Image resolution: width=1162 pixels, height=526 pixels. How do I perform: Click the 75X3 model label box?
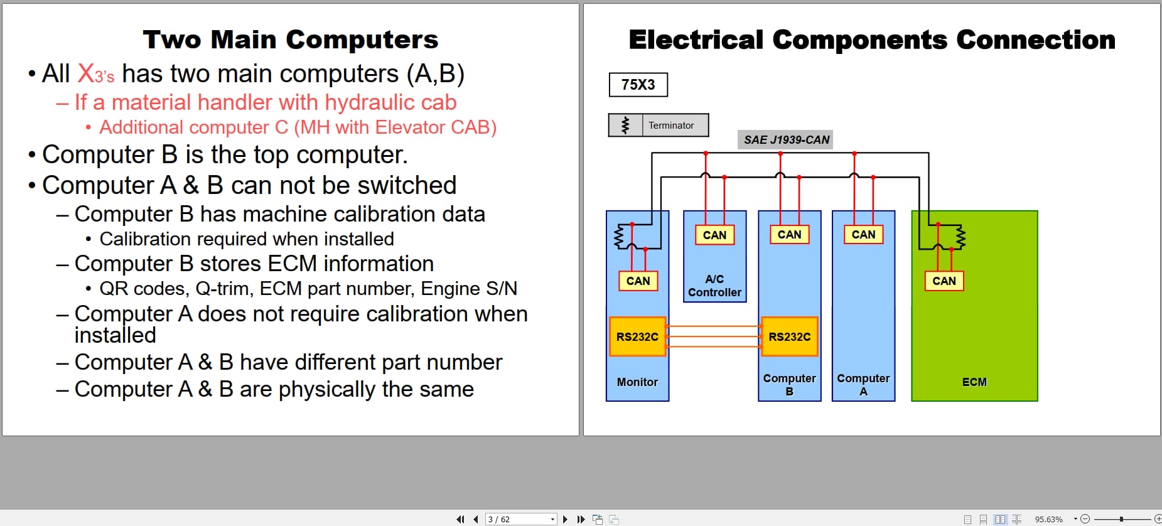click(x=638, y=85)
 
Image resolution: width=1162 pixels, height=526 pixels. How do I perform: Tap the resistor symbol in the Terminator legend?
click(x=625, y=125)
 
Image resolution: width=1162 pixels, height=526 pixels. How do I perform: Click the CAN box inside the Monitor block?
click(x=638, y=281)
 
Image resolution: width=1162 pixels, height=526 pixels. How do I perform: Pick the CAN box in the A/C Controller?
click(x=714, y=235)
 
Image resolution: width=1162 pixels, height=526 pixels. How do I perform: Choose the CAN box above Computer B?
click(x=789, y=234)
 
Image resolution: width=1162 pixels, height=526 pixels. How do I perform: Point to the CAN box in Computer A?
click(x=863, y=234)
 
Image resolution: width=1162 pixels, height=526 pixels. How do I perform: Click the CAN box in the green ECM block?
click(x=944, y=281)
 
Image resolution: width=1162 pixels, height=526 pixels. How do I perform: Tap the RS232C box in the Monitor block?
click(x=637, y=336)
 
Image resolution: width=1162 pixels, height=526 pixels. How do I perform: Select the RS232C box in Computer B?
click(x=789, y=336)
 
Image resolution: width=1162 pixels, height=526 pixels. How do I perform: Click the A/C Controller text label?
click(x=714, y=286)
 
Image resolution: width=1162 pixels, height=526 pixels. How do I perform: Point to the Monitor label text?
click(x=637, y=382)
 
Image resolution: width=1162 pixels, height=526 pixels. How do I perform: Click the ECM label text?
click(x=974, y=382)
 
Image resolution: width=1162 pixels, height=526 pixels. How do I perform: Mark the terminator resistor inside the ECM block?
click(x=960, y=237)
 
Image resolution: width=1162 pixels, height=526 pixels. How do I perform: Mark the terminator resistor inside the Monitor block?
click(x=618, y=237)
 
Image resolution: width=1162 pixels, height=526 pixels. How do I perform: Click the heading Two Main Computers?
click(x=290, y=40)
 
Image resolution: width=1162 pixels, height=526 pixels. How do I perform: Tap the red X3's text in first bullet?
click(x=95, y=74)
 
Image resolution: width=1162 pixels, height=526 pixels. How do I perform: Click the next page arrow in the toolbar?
click(x=565, y=519)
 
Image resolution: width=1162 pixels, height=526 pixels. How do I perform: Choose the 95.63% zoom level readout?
click(x=1048, y=519)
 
